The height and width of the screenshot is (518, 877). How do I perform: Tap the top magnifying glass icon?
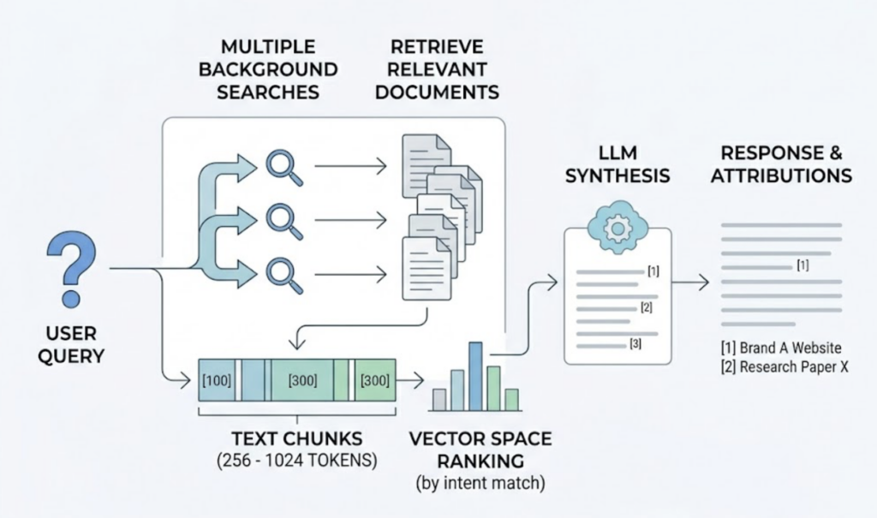[283, 167]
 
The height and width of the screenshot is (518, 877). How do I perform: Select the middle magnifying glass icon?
[283, 220]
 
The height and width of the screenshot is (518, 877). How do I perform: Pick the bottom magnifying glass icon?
[283, 274]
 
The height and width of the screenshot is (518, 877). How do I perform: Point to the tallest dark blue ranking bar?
[475, 376]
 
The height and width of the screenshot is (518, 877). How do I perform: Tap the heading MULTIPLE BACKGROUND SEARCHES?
[267, 68]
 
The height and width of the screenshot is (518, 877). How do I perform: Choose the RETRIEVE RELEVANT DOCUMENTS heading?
[437, 68]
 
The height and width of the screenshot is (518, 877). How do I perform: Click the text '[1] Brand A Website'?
[780, 348]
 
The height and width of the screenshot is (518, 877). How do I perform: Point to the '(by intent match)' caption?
[480, 482]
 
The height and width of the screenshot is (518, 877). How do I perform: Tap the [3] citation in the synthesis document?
[635, 345]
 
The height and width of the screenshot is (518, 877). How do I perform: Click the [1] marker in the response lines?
[802, 266]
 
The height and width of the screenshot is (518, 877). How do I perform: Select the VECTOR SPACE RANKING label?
[480, 449]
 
